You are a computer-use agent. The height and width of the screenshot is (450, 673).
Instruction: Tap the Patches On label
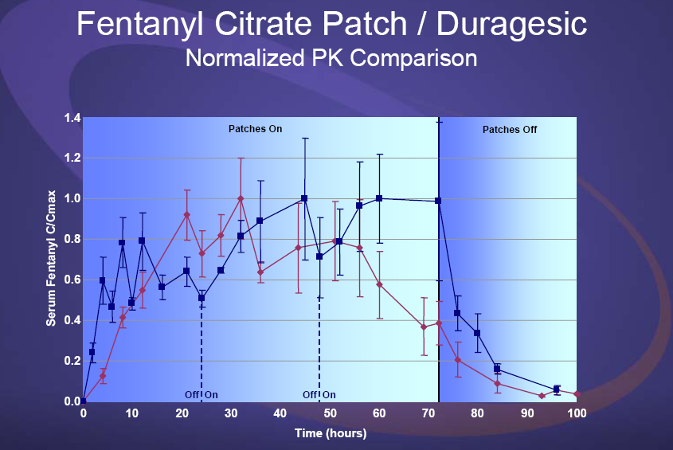point(256,128)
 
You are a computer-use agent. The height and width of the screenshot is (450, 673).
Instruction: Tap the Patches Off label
point(510,129)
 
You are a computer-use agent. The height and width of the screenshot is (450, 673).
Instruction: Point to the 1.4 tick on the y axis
point(72,118)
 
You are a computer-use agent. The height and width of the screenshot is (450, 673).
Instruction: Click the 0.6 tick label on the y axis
point(72,280)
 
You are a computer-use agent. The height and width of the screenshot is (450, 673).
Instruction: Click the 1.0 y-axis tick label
point(72,199)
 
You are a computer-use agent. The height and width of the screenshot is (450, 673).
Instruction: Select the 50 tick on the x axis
point(329,414)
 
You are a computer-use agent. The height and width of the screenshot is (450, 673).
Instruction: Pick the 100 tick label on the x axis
point(576,414)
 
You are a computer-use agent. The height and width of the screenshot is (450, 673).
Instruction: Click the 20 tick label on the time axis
point(182,414)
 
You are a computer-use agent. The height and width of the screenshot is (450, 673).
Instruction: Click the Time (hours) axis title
point(329,434)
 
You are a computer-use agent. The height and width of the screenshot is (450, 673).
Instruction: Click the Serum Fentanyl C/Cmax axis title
point(50,260)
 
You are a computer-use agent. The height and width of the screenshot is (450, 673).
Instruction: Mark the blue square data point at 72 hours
point(438,201)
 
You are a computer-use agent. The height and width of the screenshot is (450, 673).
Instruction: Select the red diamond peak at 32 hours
point(241,198)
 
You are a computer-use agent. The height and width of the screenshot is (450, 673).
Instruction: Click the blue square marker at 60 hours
point(379,198)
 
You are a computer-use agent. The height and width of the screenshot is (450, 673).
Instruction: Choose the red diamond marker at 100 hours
point(576,394)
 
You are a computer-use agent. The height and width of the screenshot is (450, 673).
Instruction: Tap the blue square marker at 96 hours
point(557,389)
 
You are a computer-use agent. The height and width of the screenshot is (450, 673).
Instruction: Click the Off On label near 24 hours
point(202,394)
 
